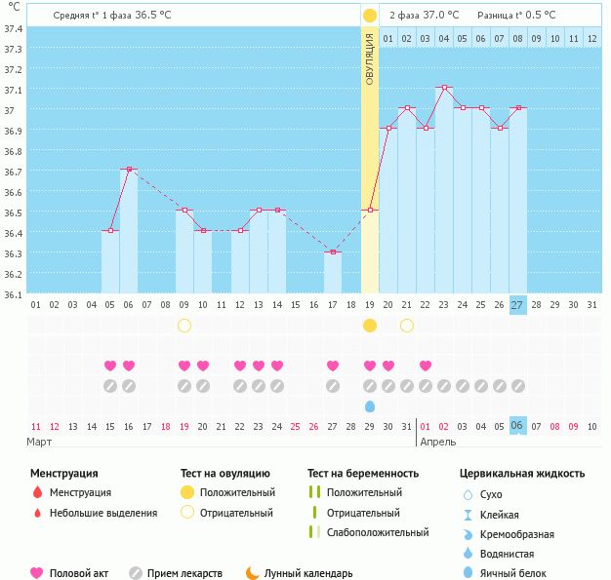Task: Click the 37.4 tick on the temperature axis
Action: coord(14,28)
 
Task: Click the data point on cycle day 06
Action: coord(129,170)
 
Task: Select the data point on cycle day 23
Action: coord(444,88)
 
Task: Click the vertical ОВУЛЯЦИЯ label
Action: coord(370,58)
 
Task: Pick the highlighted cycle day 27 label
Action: coord(517,305)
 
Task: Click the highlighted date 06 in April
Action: coord(517,426)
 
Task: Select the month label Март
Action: coord(40,442)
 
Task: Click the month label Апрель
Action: coord(438,442)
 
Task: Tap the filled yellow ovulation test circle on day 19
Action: coord(370,326)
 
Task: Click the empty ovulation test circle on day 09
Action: coord(184,326)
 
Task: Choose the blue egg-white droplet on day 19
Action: coord(370,406)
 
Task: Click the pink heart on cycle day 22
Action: coord(426,366)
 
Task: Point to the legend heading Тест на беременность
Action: coord(363,474)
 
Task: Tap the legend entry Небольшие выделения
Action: coord(103,513)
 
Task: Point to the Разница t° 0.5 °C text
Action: coord(516,16)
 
